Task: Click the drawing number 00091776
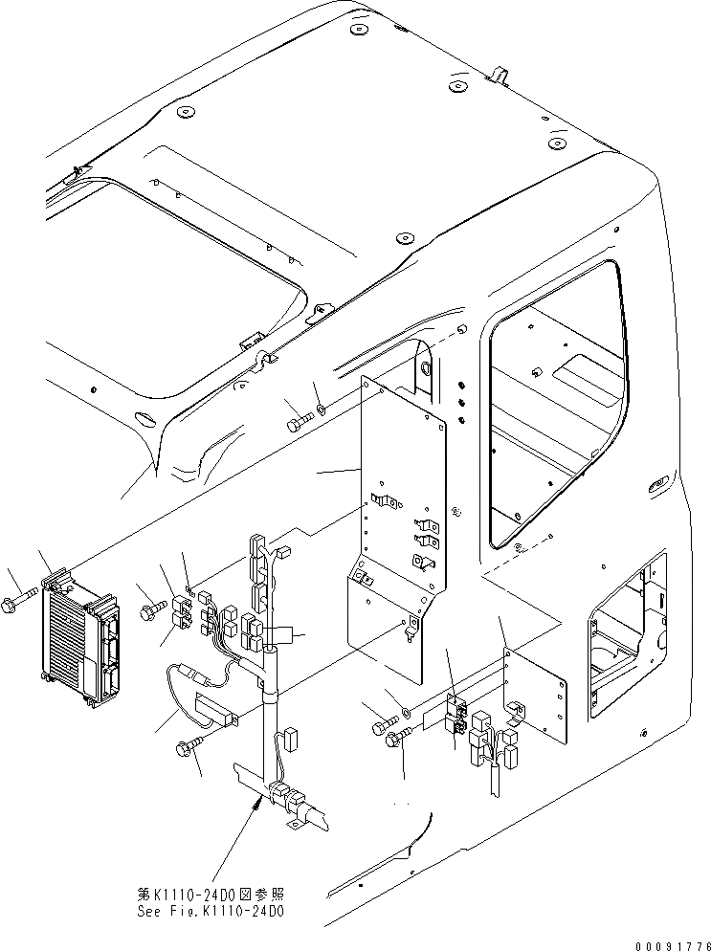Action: coord(666,941)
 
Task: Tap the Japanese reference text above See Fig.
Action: coord(211,895)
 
